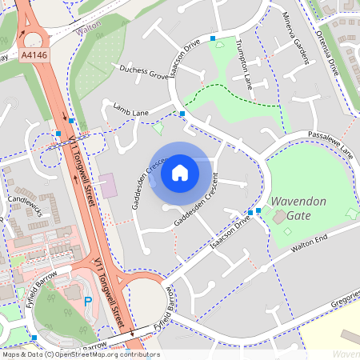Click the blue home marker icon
pyautogui.click(x=180, y=172)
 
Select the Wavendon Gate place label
pyautogui.click(x=298, y=209)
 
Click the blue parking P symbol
pyautogui.click(x=88, y=302)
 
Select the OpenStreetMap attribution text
pyautogui.click(x=80, y=354)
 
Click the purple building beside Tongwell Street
pyautogui.click(x=107, y=186)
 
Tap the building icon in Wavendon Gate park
pyautogui.click(x=279, y=216)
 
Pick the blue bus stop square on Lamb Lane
pyautogui.click(x=182, y=114)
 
